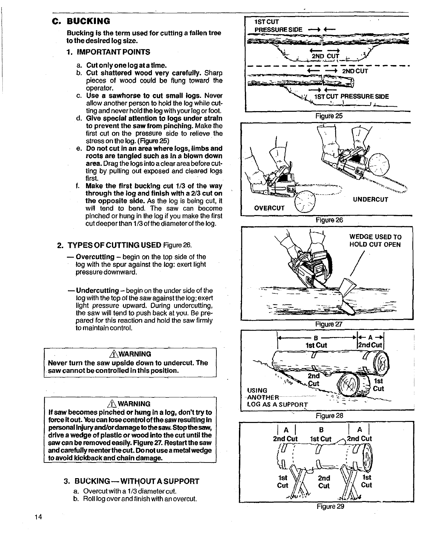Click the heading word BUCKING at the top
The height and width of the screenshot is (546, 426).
88,21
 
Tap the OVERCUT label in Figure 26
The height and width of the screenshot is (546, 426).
270,208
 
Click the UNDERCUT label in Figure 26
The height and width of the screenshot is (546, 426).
370,199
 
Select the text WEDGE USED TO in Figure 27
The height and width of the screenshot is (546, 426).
375,237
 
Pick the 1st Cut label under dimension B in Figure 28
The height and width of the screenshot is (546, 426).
316,345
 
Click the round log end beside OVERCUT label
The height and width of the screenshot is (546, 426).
305,202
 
